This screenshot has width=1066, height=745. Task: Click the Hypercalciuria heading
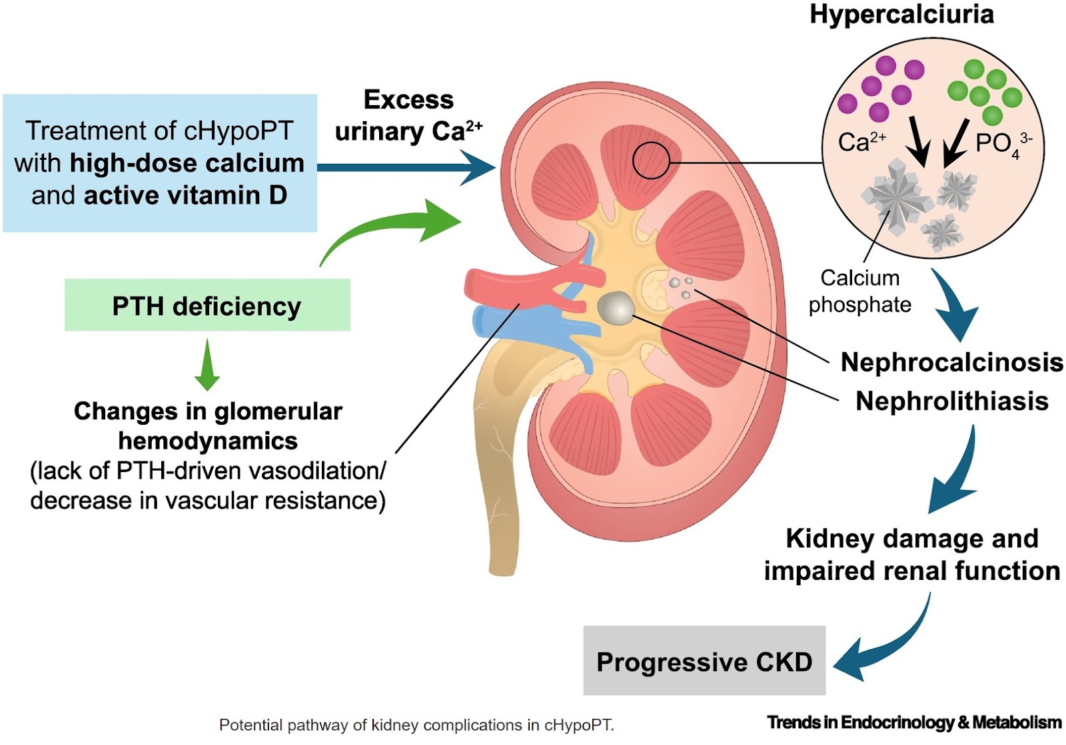click(901, 15)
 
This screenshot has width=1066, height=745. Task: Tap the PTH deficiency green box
click(207, 306)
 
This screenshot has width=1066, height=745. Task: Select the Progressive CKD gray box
click(704, 661)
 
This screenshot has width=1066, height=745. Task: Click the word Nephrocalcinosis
click(951, 362)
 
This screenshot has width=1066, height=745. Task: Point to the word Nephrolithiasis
click(951, 401)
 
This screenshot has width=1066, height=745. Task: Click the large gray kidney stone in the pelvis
click(615, 308)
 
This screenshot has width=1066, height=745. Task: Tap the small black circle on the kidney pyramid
click(650, 160)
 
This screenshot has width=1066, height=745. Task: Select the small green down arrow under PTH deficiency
click(207, 365)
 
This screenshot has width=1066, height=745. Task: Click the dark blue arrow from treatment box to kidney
click(406, 166)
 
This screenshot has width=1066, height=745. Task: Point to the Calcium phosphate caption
click(859, 291)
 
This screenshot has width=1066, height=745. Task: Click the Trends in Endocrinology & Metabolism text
click(913, 722)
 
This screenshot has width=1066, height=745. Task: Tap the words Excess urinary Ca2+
click(408, 116)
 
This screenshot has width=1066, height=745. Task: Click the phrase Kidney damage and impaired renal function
click(911, 554)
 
